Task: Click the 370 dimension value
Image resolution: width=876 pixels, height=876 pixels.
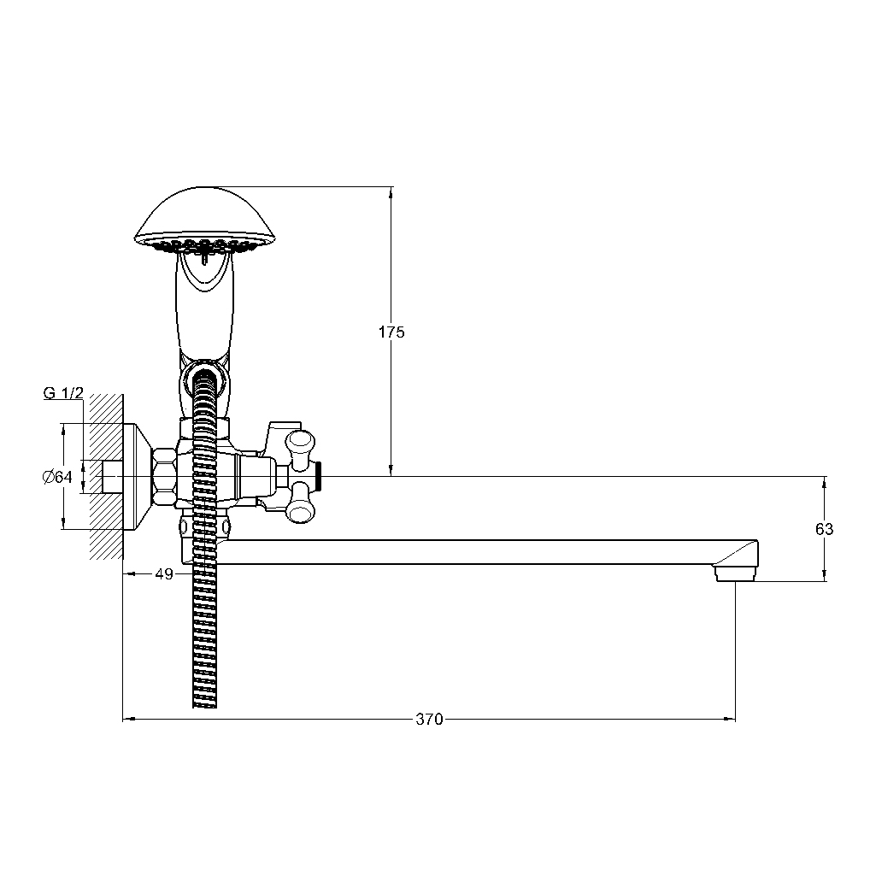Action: [x=429, y=719]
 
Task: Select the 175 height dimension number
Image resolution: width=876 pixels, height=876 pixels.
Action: [x=391, y=332]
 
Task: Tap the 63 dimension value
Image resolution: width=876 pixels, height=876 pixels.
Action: [x=824, y=528]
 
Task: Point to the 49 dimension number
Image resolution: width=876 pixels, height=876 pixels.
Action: [x=164, y=573]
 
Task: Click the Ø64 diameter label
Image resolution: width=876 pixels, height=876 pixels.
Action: [x=57, y=477]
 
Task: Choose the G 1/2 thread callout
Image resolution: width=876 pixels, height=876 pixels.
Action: [x=63, y=393]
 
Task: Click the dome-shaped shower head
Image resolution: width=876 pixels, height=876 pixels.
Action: [x=205, y=219]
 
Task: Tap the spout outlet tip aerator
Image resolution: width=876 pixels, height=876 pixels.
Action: [x=735, y=573]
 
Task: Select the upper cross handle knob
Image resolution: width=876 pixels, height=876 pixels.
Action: [x=299, y=446]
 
